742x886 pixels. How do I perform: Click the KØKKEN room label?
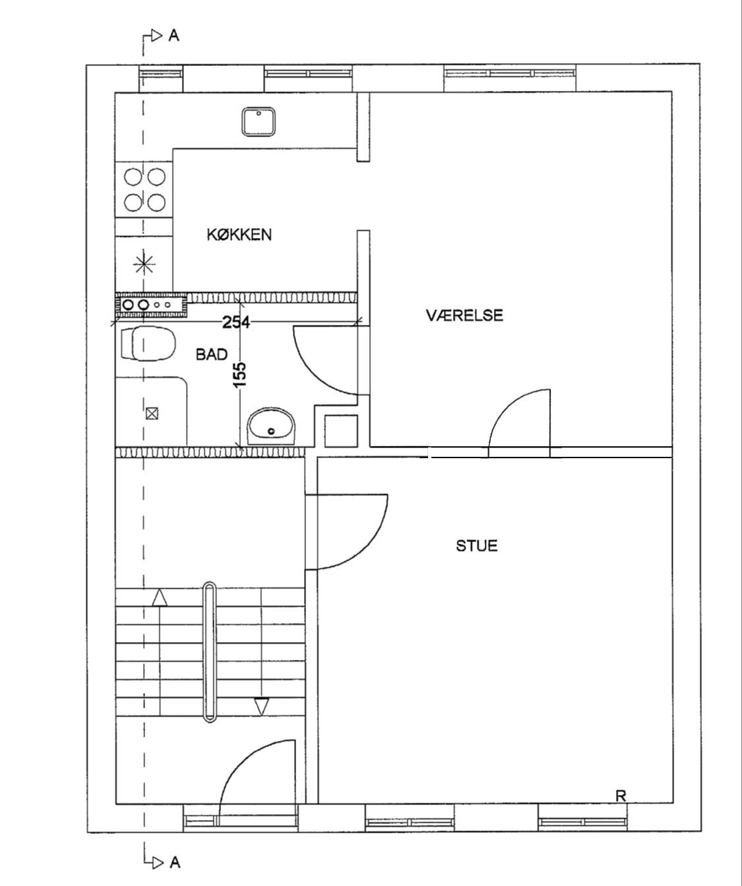click(239, 235)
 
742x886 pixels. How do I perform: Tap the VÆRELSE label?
click(464, 315)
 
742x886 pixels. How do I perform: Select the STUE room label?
click(477, 546)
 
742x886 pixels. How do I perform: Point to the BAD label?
click(212, 354)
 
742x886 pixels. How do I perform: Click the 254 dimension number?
click(236, 322)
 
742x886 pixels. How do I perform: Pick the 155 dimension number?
click(240, 374)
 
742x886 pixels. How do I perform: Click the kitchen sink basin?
click(259, 122)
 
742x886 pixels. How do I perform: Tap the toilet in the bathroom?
click(148, 343)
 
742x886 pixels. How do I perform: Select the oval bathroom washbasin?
click(271, 426)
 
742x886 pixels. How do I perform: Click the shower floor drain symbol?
click(152, 413)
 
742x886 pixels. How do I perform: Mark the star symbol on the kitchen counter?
click(144, 264)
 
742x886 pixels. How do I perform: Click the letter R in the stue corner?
click(621, 796)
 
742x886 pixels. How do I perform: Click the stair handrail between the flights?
click(209, 652)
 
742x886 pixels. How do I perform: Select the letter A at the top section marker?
click(173, 36)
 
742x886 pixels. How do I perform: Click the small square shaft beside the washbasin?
click(341, 432)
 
